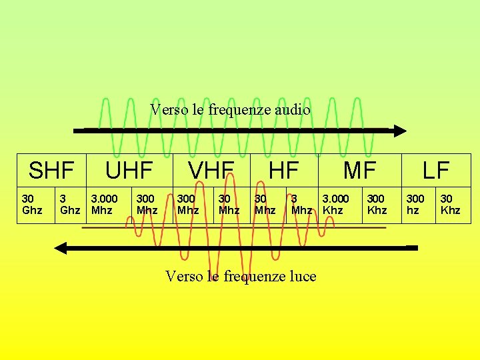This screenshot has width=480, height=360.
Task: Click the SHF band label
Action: [51, 171]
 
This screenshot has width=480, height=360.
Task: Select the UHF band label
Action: [129, 171]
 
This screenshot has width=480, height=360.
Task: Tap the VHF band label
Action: [211, 171]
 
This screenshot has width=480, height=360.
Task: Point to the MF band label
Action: [360, 171]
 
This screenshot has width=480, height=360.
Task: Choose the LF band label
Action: [436, 171]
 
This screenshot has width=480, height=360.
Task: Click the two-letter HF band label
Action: [283, 171]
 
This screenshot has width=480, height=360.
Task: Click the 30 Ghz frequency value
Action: [32, 205]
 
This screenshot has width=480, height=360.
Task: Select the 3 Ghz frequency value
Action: [70, 205]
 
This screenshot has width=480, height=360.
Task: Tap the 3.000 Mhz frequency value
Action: [104, 205]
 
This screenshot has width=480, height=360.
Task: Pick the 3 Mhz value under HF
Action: [301, 205]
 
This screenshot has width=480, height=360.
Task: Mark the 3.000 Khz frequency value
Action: [335, 205]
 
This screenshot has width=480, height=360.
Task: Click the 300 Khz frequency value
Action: [377, 205]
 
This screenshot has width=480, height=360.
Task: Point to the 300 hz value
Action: [415, 205]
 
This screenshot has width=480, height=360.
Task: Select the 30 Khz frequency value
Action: [450, 205]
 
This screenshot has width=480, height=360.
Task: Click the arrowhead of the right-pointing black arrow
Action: [399, 131]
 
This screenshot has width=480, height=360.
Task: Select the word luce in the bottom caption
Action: [302, 276]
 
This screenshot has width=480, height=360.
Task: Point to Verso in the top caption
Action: [169, 109]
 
